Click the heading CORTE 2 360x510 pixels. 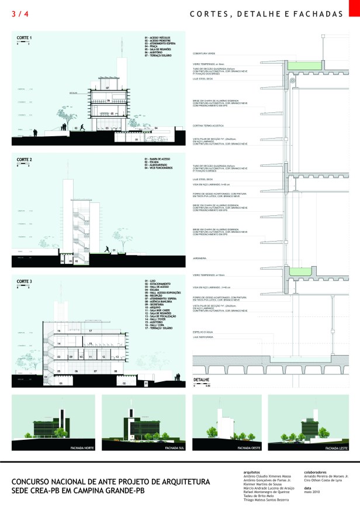tap(24, 159)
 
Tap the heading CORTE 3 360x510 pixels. tap(24, 282)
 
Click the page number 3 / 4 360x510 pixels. tap(19, 13)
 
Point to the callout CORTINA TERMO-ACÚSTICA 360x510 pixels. tap(209, 126)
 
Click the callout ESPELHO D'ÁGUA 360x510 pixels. tap(202, 332)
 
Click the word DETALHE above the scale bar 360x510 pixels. tap(201, 380)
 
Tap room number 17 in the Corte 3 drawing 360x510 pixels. tap(89, 331)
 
